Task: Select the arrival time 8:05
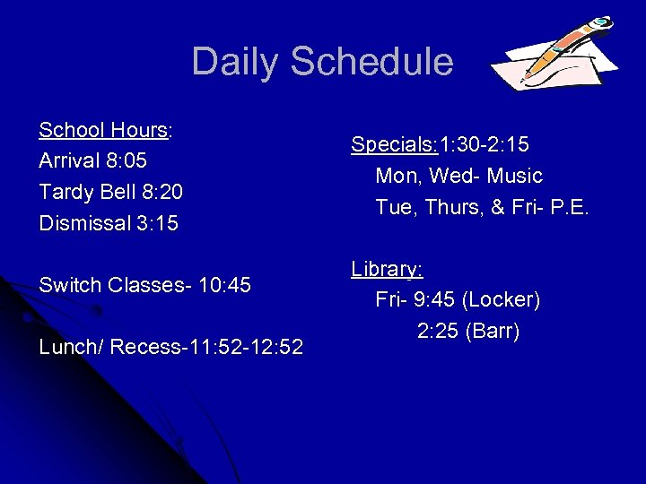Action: coord(126,161)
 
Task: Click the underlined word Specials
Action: coord(391,144)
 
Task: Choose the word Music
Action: coord(512,176)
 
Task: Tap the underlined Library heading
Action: coord(386,269)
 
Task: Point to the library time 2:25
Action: coord(435,332)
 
